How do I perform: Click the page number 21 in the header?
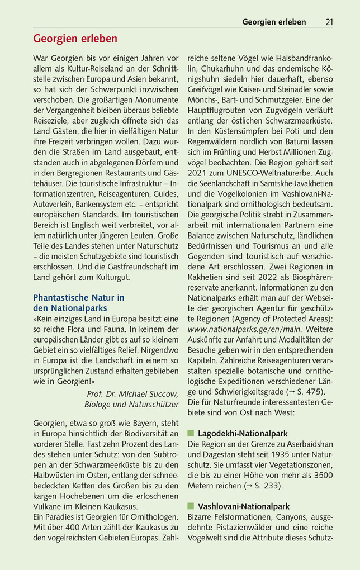tap(329, 22)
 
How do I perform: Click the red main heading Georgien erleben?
tap(75, 39)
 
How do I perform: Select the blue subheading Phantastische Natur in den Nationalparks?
tap(78, 303)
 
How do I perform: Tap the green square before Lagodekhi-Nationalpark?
tap(191, 433)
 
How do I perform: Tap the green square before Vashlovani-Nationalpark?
tap(191, 506)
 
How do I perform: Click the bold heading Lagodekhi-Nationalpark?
tap(243, 433)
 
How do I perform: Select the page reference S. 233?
tap(263, 486)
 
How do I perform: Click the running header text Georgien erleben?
tap(274, 22)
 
